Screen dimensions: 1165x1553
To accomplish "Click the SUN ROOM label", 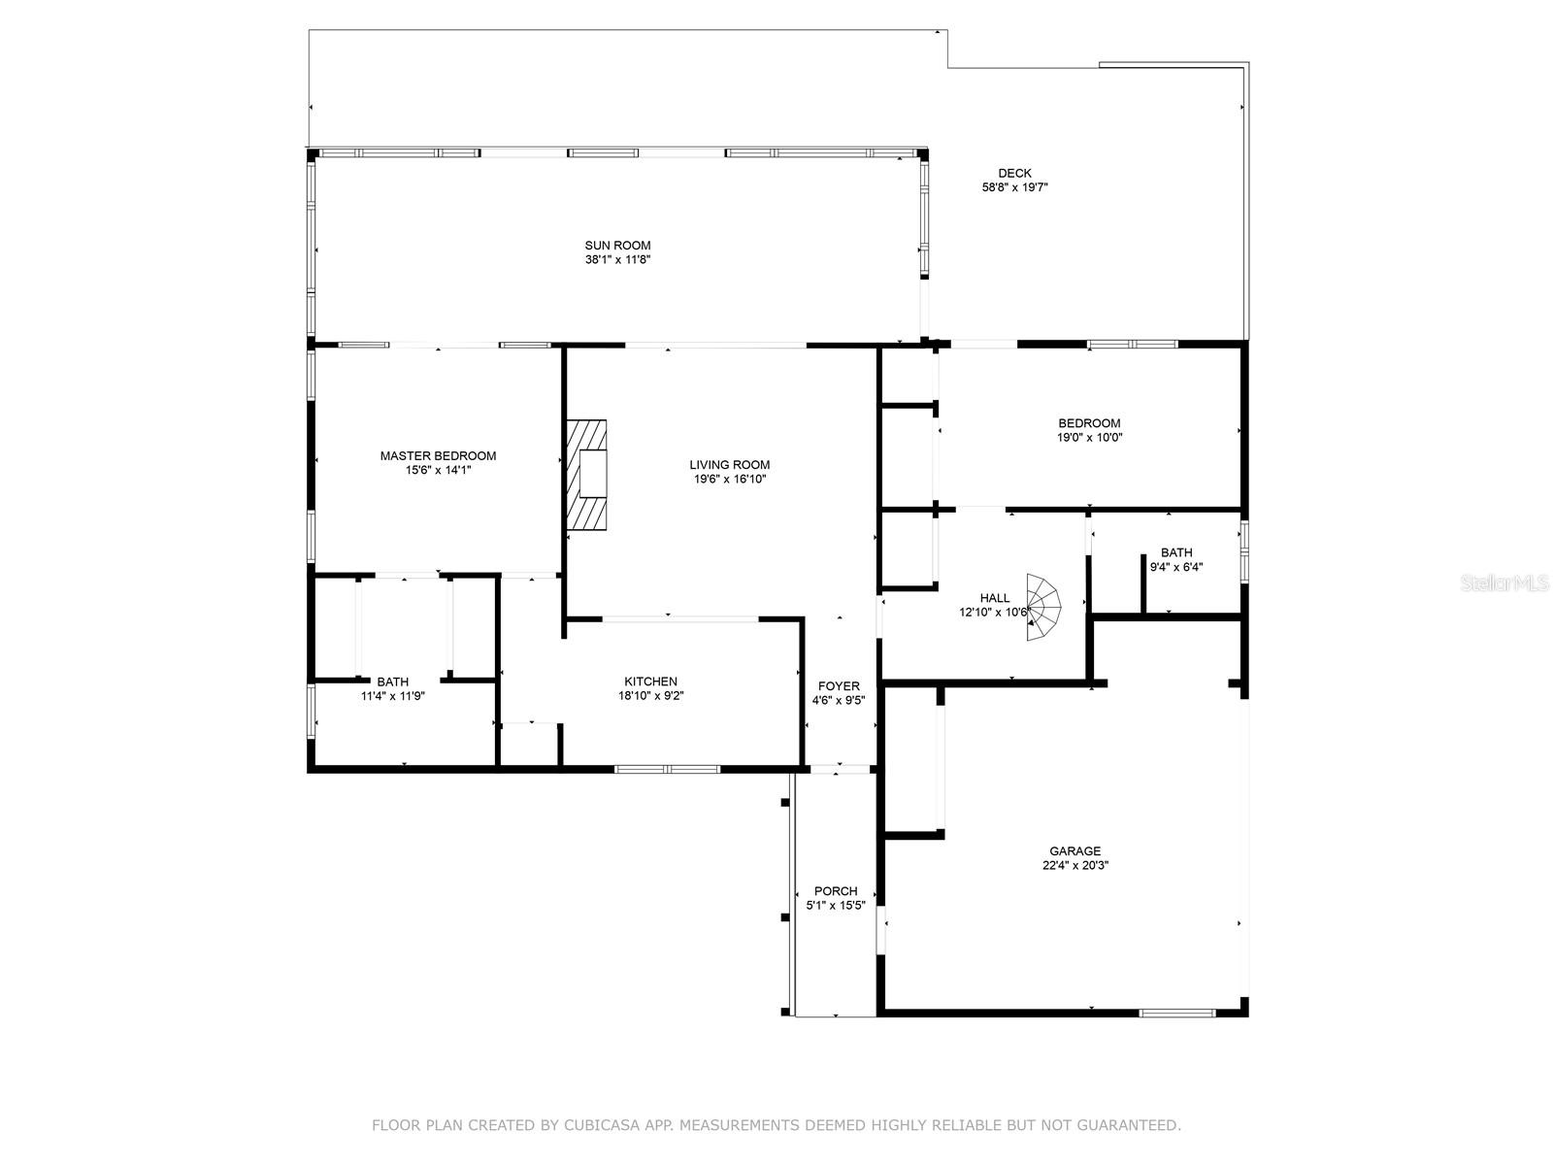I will (x=617, y=246).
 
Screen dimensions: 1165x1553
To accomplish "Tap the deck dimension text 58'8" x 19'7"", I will (x=1014, y=188).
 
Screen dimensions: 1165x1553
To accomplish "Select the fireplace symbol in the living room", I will (x=588, y=475).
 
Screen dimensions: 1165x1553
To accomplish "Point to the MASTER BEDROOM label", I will (x=438, y=455).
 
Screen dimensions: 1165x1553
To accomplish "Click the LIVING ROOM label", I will (x=730, y=464).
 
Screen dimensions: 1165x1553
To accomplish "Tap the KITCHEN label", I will (x=650, y=682).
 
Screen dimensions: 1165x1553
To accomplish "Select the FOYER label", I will (x=839, y=686).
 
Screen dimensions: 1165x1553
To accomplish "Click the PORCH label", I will (x=836, y=891).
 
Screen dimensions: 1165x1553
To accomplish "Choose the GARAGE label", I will (x=1074, y=851).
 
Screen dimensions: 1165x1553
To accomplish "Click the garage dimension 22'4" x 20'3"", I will (x=1074, y=866).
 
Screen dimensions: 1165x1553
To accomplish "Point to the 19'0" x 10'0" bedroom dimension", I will (x=1089, y=438).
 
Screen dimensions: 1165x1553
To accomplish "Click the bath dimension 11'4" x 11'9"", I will (x=393, y=696).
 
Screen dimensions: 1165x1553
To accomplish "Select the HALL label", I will (x=995, y=598).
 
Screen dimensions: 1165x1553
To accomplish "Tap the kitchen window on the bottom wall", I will (x=668, y=769).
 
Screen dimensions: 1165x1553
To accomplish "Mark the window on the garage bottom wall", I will (x=1176, y=1014).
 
